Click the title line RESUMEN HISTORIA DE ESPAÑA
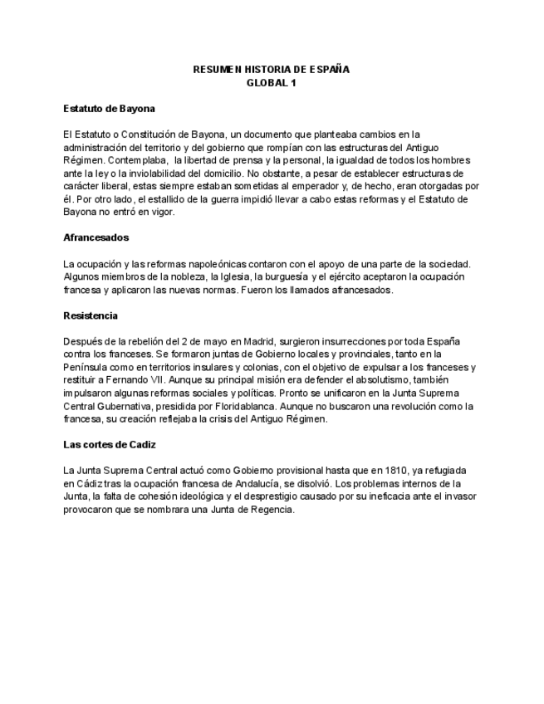point(271,70)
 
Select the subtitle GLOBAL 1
point(271,83)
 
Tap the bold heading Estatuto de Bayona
point(110,109)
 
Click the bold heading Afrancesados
point(96,237)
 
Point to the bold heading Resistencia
point(91,315)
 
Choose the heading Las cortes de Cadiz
point(110,444)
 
